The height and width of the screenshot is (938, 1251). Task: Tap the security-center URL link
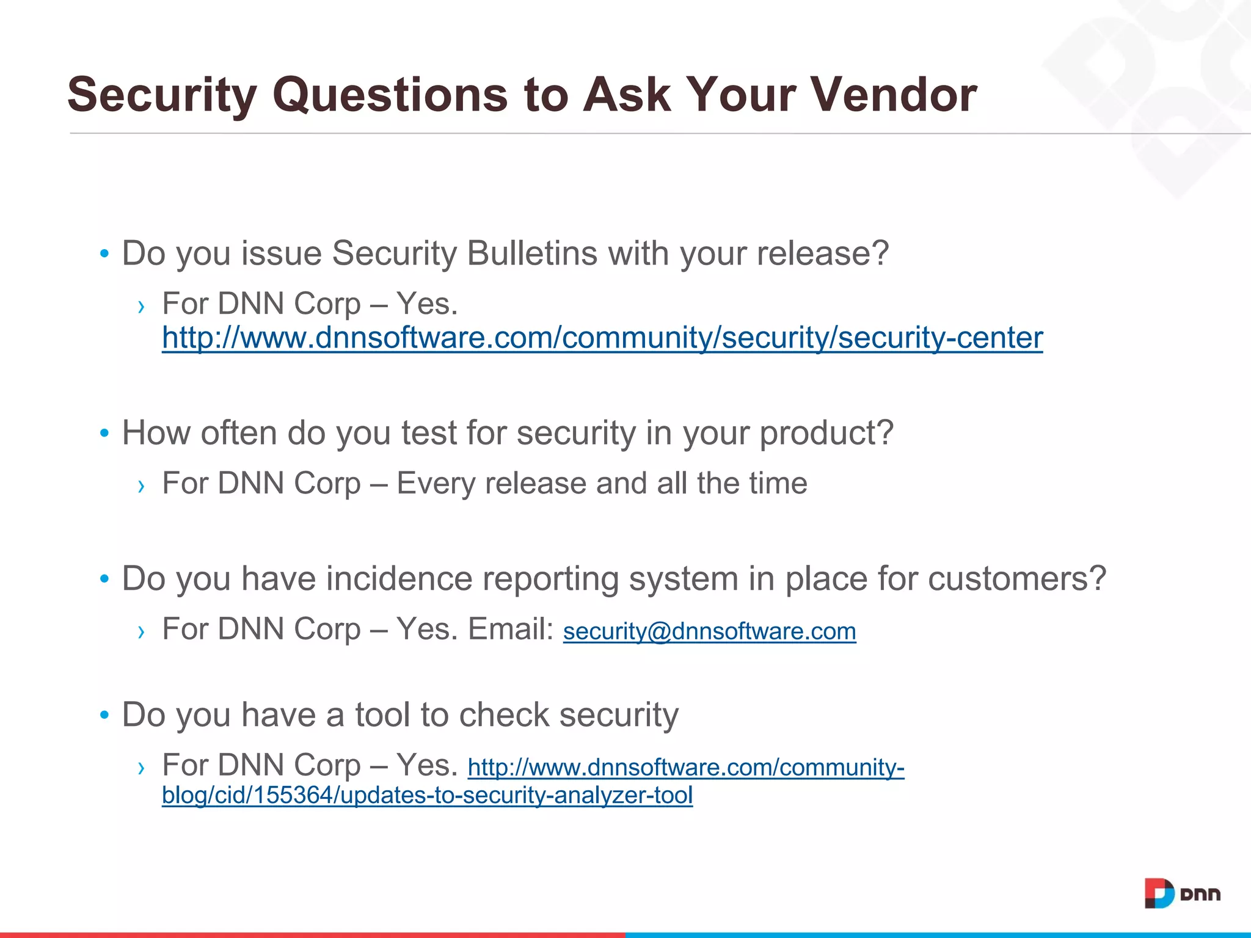tap(602, 338)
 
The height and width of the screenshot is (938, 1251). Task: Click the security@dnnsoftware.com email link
tap(709, 631)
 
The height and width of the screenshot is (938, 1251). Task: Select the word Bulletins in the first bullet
tap(531, 253)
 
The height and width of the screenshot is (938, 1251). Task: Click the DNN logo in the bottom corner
tap(1181, 894)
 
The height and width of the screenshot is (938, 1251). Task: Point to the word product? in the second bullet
tap(826, 434)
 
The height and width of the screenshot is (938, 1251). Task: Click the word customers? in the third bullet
tap(1016, 578)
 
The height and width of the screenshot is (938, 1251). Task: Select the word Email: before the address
tap(510, 629)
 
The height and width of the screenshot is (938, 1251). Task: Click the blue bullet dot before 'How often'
tap(104, 434)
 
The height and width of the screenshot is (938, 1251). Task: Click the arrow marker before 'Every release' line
tap(142, 486)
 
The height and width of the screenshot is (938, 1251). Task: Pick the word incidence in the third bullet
tap(399, 578)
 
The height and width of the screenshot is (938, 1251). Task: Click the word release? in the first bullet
tap(822, 253)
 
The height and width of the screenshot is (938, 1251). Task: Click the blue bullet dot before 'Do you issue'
tap(104, 253)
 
